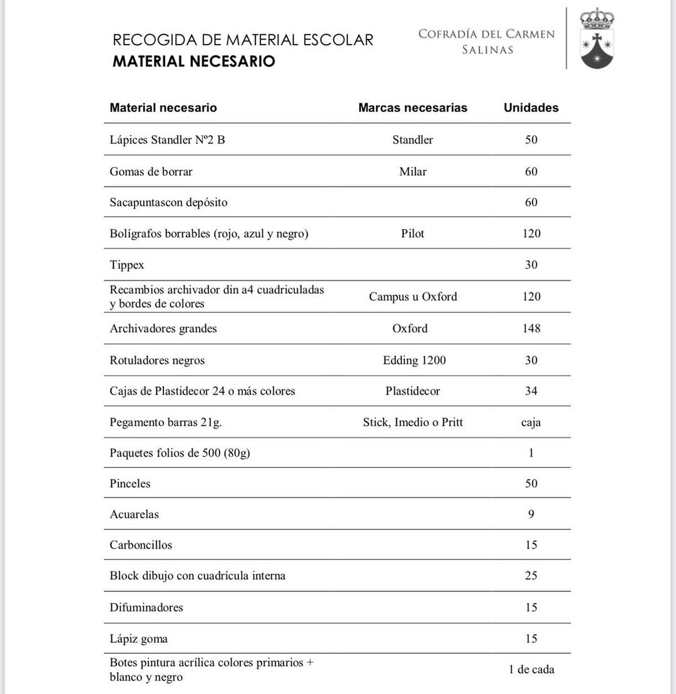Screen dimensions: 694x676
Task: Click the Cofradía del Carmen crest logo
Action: pyautogui.click(x=597, y=38)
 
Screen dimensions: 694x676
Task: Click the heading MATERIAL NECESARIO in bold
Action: pyautogui.click(x=193, y=61)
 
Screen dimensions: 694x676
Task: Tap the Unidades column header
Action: pyautogui.click(x=531, y=108)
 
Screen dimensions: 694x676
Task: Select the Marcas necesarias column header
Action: pyautogui.click(x=412, y=108)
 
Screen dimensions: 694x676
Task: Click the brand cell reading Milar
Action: pyautogui.click(x=412, y=172)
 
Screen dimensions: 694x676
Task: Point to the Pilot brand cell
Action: pyautogui.click(x=412, y=234)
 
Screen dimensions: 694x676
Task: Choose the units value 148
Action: pyautogui.click(x=531, y=328)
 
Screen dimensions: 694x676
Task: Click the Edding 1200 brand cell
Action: pyautogui.click(x=414, y=360)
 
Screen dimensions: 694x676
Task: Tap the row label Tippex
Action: pyautogui.click(x=127, y=265)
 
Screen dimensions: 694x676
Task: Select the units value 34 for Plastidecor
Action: pyautogui.click(x=531, y=391)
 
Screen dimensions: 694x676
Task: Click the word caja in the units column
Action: pyautogui.click(x=531, y=422)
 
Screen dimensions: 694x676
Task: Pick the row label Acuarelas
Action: pyautogui.click(x=134, y=514)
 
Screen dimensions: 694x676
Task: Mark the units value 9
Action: pyautogui.click(x=531, y=514)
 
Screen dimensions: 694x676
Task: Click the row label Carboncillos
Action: pyautogui.click(x=141, y=545)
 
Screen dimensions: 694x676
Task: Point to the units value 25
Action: pyautogui.click(x=531, y=576)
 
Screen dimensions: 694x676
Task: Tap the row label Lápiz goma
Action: pyautogui.click(x=138, y=639)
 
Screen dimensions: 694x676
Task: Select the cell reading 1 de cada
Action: pyautogui.click(x=531, y=670)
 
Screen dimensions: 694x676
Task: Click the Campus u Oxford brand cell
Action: pyautogui.click(x=412, y=297)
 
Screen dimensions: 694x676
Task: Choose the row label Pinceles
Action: pyautogui.click(x=130, y=484)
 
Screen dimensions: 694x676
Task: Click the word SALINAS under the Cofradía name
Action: pyautogui.click(x=487, y=50)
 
